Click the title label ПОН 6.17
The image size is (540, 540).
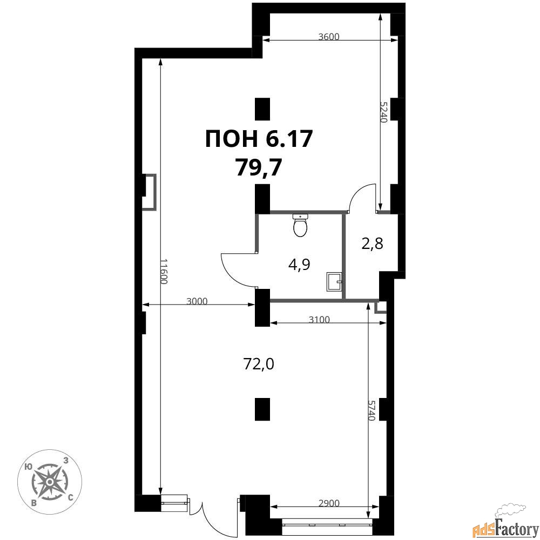point(259,139)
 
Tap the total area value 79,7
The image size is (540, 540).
point(259,168)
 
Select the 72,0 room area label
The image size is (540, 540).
point(259,364)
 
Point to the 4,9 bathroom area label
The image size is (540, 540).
point(299,265)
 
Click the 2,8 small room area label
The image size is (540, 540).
point(372,244)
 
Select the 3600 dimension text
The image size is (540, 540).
point(329,37)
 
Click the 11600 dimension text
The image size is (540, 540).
point(165,272)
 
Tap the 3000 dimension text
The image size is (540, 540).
point(197,301)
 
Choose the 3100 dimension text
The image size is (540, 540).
point(319,320)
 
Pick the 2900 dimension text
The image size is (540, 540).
point(329,503)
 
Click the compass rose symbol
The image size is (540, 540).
point(50,482)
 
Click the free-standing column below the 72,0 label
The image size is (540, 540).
point(262,409)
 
